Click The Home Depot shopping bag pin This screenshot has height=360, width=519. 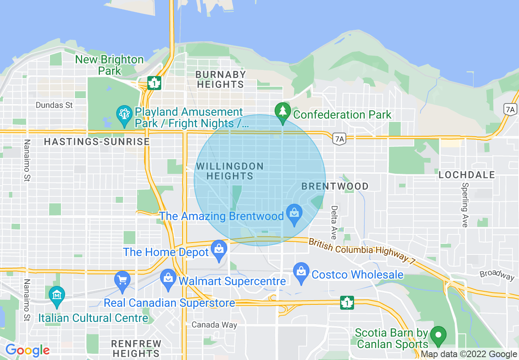coord(219,250)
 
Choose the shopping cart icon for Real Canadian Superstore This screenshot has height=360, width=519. coord(122,281)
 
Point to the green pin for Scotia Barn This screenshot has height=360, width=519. coord(439,335)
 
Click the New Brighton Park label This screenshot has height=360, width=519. coord(109,65)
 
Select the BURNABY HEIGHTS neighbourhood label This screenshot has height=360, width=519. coord(221,79)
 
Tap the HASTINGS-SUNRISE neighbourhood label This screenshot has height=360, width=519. coord(97,142)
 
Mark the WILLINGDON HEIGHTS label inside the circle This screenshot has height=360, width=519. coord(230,171)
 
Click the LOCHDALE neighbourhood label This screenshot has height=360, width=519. coord(467,175)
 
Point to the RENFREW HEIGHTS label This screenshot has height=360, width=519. coord(136,348)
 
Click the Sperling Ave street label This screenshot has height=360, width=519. coord(465,205)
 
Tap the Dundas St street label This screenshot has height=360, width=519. coord(54,105)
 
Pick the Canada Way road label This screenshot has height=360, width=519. coord(214,325)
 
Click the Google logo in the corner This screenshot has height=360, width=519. coord(27,350)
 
